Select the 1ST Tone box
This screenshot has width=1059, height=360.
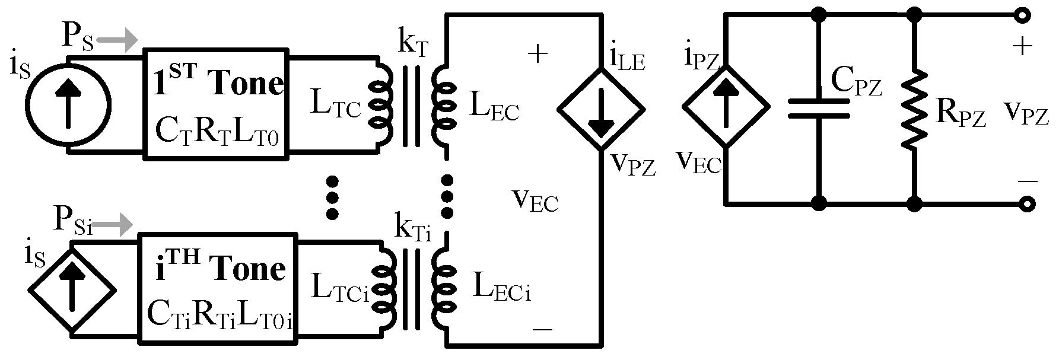tap(216, 105)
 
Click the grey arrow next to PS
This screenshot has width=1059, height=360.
tap(117, 41)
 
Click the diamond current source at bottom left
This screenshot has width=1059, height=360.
tap(72, 289)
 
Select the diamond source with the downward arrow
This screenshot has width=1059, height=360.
tap(600, 109)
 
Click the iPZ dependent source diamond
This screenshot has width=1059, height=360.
tap(726, 107)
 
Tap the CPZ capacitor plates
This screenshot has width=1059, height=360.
tap(819, 109)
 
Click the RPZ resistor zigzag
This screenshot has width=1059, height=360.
tap(914, 110)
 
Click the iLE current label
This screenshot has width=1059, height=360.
tap(628, 58)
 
